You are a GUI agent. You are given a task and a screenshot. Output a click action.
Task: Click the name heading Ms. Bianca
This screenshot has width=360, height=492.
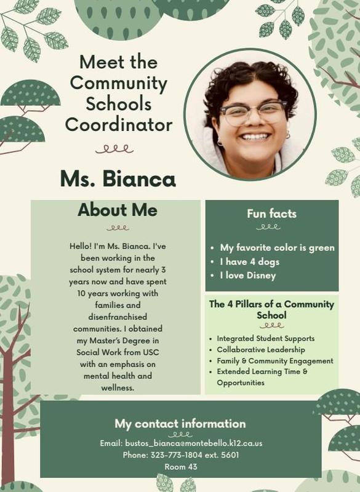pos(118,178)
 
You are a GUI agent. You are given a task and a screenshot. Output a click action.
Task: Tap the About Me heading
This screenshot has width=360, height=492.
pos(117,210)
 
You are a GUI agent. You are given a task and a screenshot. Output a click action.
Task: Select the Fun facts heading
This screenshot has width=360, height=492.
pos(271,214)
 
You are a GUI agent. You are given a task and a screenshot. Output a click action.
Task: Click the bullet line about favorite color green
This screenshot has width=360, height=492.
pos(278,248)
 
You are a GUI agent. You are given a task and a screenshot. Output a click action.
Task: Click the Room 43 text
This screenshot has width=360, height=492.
pos(180,467)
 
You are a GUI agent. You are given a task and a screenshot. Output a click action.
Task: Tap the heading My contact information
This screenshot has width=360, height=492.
pos(180,424)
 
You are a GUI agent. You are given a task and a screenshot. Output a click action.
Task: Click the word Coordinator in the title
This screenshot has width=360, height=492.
pos(119,125)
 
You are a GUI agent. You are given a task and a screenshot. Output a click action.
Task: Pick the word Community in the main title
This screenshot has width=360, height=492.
pos(119,83)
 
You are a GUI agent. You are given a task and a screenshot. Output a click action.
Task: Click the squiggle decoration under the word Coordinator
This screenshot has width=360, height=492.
pos(118,148)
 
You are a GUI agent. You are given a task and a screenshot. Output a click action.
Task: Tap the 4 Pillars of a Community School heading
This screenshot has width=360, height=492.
pos(271,309)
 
